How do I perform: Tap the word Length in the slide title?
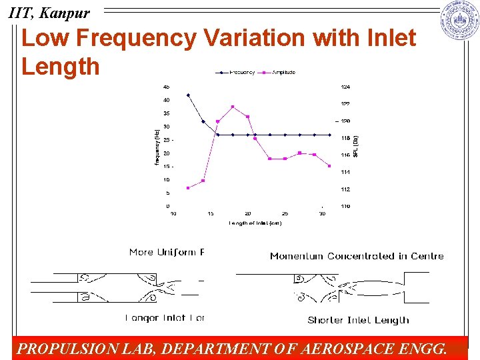click(61, 67)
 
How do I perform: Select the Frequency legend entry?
click(237, 72)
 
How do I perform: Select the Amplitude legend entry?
click(280, 72)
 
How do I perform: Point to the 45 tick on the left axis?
click(166, 87)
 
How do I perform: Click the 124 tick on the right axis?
click(345, 87)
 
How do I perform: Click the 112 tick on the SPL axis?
click(345, 189)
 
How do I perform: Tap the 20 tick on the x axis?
click(247, 213)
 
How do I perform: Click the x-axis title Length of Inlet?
click(255, 223)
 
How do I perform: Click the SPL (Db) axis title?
click(357, 146)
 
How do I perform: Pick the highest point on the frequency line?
click(188, 95)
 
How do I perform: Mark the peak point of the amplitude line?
click(233, 107)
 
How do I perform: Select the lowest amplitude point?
click(188, 188)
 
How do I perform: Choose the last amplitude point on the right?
click(329, 166)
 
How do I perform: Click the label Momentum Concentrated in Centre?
click(357, 256)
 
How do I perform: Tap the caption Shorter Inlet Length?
click(359, 320)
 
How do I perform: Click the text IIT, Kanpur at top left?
click(48, 12)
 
